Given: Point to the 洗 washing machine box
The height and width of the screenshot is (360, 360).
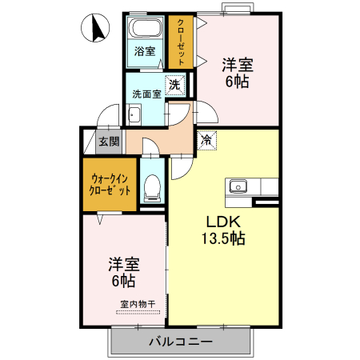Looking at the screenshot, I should click(x=174, y=82).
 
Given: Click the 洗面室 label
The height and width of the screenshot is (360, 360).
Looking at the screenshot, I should click(x=147, y=94).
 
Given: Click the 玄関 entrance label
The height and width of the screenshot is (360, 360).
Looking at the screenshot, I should click(x=109, y=142).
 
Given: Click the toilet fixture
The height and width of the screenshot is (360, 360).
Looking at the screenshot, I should click(x=151, y=189).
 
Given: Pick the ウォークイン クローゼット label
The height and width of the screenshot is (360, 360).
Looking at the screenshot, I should click(x=110, y=185).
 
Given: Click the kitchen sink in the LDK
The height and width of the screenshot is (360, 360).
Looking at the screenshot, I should click(x=238, y=186).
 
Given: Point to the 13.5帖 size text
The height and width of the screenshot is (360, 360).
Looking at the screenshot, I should click(x=225, y=238).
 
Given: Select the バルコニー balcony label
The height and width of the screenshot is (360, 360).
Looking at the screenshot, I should click(x=180, y=342).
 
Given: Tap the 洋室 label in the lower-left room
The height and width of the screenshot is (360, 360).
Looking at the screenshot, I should click(x=123, y=264).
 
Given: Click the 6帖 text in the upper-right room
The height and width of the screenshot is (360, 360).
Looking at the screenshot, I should click(x=238, y=82).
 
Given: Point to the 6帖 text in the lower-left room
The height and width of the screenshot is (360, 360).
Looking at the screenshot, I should click(x=123, y=281).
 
